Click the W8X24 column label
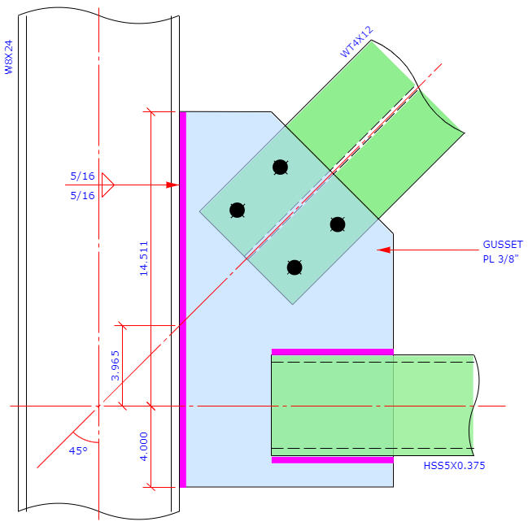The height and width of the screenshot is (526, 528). pos(8,57)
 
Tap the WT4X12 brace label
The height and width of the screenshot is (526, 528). pos(356,42)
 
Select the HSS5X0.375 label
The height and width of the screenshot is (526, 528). pos(454,465)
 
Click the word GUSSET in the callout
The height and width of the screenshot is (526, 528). pos(503,245)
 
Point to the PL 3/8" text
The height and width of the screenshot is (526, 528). pos(500,259)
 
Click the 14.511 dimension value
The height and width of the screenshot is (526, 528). pos(144,259)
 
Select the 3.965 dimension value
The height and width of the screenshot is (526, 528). pos(116,366)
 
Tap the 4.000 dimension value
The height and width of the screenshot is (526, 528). pos(144,446)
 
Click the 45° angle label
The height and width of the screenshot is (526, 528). pos(78,451)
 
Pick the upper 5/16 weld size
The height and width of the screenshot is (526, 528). pos(82,176)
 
